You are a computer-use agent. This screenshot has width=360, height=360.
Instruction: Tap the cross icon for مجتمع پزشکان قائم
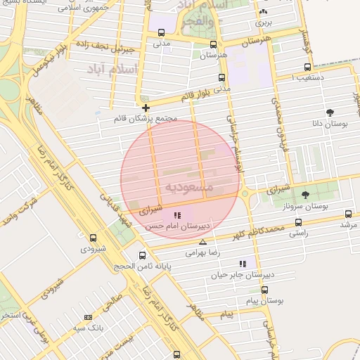[x=146, y=108]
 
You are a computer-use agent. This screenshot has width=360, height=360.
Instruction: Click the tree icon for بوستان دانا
[x=330, y=112]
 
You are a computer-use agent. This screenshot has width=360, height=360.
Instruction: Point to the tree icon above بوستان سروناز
[x=305, y=195]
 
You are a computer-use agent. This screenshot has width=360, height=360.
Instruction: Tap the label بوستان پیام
[x=264, y=300]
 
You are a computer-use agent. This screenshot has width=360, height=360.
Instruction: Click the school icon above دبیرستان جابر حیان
[x=243, y=264]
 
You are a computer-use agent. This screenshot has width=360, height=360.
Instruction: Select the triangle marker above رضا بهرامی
[x=203, y=242]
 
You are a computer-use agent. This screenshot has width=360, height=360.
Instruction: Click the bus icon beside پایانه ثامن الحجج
[x=143, y=255]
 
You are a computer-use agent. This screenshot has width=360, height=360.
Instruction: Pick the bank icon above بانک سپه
[x=88, y=317]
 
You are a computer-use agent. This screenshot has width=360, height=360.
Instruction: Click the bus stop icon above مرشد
[x=348, y=214]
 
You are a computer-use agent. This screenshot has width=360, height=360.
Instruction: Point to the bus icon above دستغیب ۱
[x=307, y=67]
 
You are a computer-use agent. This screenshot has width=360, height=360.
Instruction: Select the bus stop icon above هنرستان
[x=214, y=43]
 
